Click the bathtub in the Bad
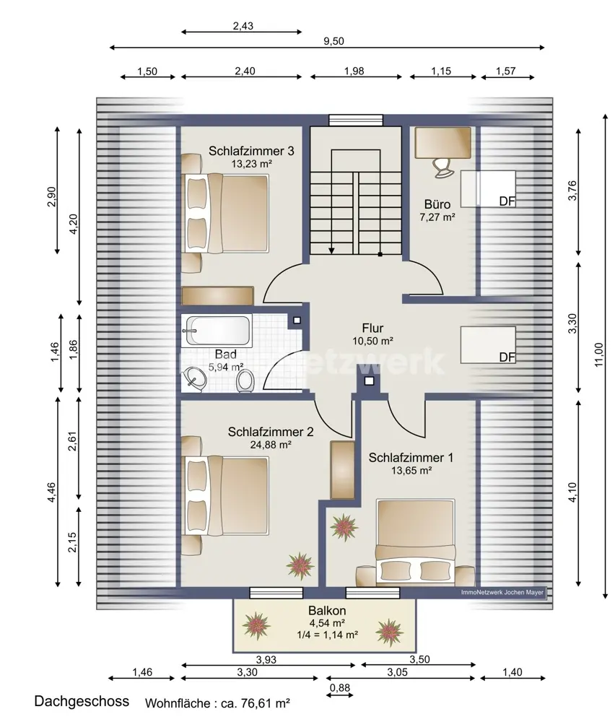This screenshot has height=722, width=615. [217, 330]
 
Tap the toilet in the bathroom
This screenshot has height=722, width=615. [246, 382]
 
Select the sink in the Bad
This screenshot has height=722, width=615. [195, 379]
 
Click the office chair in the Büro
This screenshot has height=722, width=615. [442, 167]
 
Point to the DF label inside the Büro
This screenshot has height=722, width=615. [507, 201]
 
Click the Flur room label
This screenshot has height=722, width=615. [372, 329]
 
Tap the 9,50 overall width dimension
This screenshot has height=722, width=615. [333, 41]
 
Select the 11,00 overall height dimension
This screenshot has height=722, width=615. [598, 355]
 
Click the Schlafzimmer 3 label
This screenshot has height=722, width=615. [251, 151]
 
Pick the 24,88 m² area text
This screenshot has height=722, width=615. [271, 445]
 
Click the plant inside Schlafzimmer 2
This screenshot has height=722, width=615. [300, 566]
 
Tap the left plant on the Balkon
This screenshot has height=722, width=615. [256, 626]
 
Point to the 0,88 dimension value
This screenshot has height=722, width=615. [340, 688]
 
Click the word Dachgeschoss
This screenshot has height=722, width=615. [82, 701]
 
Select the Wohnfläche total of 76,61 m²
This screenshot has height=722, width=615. [217, 703]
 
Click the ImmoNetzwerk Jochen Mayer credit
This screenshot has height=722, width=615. [502, 593]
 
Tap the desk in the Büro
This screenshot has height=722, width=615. [442, 142]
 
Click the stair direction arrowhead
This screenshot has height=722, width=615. [331, 251]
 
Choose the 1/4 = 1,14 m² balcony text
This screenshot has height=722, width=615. [327, 635]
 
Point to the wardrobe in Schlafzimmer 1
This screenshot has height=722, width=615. [342, 470]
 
